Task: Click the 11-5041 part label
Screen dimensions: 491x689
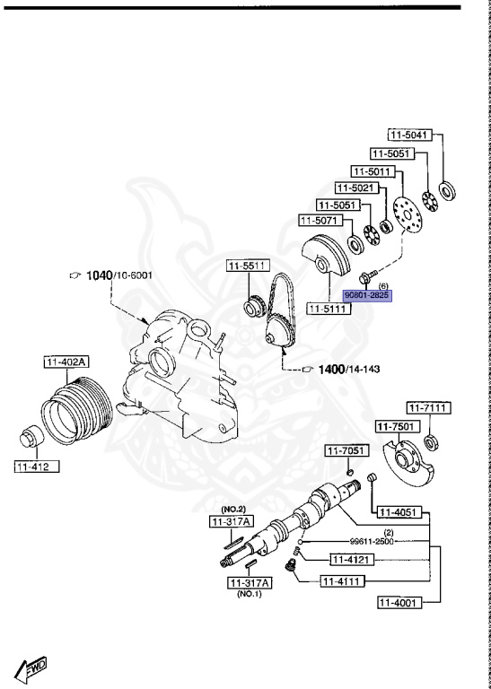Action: pos(410,134)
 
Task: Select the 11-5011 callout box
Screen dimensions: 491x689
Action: pos(373,171)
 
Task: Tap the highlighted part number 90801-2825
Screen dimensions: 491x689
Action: pos(367,296)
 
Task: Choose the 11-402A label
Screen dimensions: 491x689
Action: pos(66,362)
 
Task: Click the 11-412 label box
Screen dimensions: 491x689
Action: pos(37,467)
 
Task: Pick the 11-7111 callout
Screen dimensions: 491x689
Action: pos(428,408)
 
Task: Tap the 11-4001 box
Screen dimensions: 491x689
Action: pos(399,602)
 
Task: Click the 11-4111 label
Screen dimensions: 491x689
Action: pos(342,581)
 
